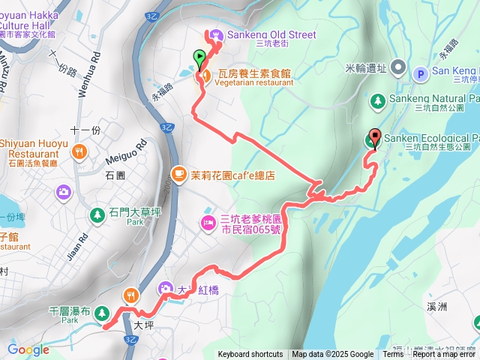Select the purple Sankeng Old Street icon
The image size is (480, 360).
[x=216, y=34]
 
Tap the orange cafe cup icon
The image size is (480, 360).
[x=178, y=175]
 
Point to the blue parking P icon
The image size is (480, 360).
[x=420, y=73]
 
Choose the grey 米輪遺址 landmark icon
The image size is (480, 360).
[x=397, y=68]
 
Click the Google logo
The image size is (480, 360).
[x=28, y=349]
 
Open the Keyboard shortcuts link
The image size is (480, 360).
[x=250, y=355]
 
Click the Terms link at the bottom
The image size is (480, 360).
[x=393, y=355]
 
